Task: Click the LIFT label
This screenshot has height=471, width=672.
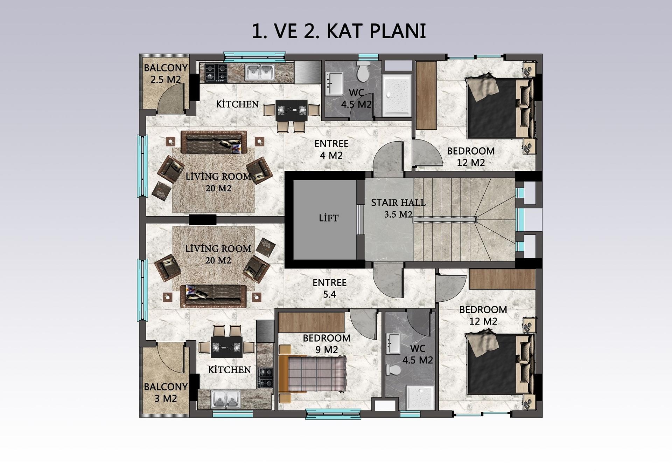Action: pos(329,218)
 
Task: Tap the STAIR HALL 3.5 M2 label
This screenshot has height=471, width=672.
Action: pos(398,208)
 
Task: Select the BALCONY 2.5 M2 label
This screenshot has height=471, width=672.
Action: pos(166,74)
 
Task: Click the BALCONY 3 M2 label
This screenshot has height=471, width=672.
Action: pos(166,392)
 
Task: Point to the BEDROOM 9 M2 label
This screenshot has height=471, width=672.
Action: pos(326,344)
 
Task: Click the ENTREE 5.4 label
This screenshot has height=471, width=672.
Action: pos(329,288)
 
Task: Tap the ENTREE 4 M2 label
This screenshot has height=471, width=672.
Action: pos(331,149)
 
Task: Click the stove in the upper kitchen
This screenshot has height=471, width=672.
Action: pos(216,73)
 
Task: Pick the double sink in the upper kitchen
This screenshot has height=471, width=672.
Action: pos(259,73)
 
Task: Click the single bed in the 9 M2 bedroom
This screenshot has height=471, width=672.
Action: pos(313,374)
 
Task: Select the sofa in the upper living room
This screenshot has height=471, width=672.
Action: pos(214,142)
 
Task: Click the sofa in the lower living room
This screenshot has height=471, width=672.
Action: pos(213,296)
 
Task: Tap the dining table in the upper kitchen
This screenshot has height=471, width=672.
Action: pos(292,110)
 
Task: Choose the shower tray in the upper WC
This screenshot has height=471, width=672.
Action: pos(397,95)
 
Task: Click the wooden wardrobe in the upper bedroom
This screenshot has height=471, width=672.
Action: pos(426,95)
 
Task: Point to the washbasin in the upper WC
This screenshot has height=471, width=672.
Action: pos(334,83)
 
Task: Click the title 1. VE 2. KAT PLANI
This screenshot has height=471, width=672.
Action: pos(339,31)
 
